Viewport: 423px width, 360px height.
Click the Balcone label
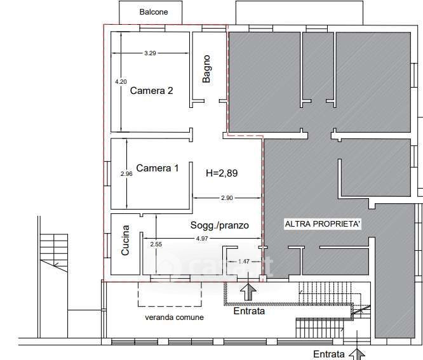tap(154, 12)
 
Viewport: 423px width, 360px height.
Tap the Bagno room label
tap(206, 69)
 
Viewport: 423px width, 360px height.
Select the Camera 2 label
tap(151, 91)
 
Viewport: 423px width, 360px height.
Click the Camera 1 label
tap(158, 168)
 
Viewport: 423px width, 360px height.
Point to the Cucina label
tap(125, 240)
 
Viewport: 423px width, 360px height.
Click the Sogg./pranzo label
tap(220, 225)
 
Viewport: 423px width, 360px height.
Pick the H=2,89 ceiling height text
tap(222, 173)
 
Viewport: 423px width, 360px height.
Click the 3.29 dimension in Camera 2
tap(150, 53)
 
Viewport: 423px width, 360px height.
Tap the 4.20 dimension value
tap(121, 81)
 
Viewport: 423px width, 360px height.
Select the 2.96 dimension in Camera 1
tap(126, 174)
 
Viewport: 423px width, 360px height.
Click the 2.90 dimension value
tap(227, 198)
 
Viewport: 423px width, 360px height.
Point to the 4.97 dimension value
tap(202, 238)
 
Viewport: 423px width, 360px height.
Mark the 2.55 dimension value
tap(156, 244)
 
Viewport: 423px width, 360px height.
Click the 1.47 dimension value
tap(244, 262)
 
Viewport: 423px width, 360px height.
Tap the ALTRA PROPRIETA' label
tap(323, 224)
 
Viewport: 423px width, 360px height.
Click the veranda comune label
tap(174, 317)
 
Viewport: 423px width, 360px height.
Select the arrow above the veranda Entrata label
tap(248, 292)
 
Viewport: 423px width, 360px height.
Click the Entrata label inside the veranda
tap(249, 311)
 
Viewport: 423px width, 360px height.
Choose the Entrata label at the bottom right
tap(329, 354)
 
